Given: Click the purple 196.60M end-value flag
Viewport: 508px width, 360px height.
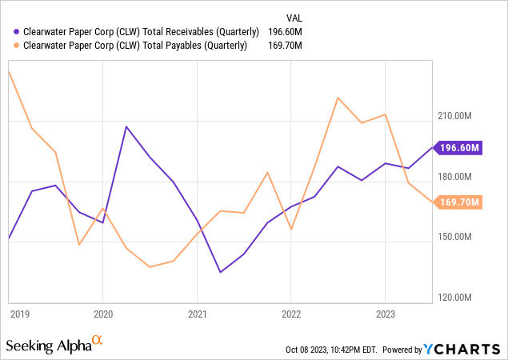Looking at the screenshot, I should pos(458,147).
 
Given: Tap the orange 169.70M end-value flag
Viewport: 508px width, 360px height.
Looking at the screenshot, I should pos(458,202).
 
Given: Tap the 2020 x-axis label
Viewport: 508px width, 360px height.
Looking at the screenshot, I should pos(103,314).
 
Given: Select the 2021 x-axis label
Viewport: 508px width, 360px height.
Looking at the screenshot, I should pos(198,314).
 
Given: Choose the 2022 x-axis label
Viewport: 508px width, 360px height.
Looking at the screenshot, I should pos(291,314).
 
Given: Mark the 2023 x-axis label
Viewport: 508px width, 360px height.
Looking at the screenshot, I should pos(386,314).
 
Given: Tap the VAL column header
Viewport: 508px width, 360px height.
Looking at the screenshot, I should pos(296,17).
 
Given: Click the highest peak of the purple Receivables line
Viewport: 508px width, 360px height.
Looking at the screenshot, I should pos(126,126).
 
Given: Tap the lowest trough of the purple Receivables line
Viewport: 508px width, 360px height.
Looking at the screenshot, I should pos(221,272).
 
